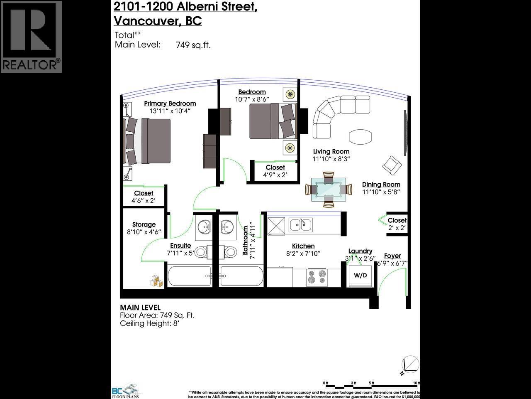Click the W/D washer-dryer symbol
point(360,276)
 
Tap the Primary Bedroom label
point(170,103)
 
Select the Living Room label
point(331,152)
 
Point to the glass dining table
point(329,189)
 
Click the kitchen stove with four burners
point(317,277)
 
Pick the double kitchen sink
point(301,225)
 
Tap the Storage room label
point(144,224)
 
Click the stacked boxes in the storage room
point(157,281)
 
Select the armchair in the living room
point(392,165)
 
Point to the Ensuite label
point(180,246)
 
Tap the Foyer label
point(392,256)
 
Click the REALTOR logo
point(31,37)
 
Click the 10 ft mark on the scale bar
point(416,383)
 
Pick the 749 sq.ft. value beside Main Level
point(193,45)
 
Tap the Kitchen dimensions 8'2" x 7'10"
point(303,254)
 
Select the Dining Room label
point(381,185)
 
